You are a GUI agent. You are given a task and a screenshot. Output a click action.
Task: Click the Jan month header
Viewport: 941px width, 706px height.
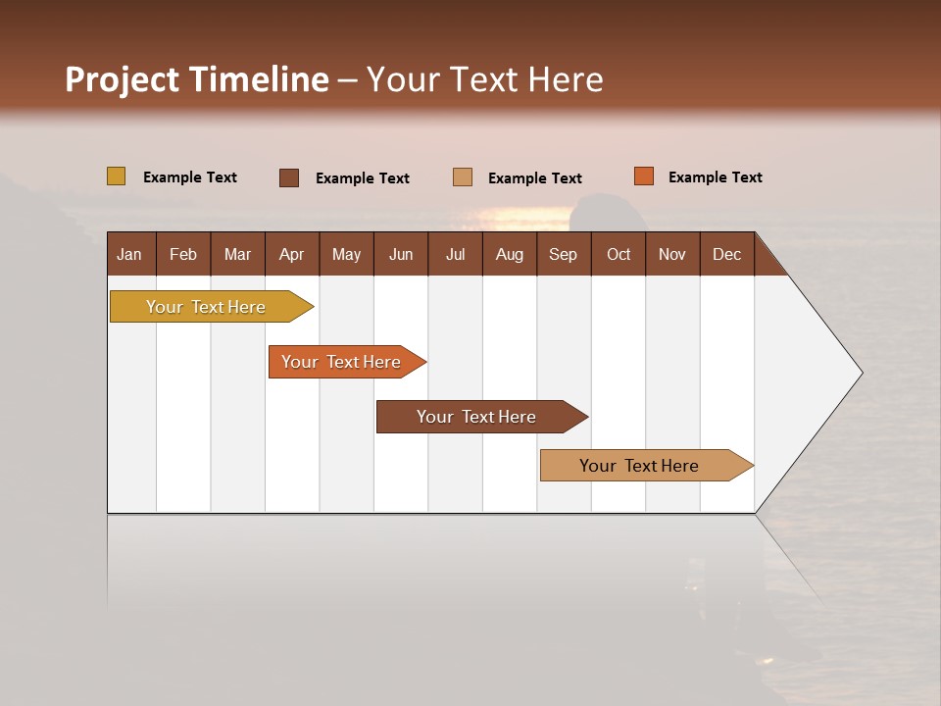point(130,254)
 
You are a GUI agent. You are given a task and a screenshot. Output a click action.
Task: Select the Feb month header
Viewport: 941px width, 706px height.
point(183,254)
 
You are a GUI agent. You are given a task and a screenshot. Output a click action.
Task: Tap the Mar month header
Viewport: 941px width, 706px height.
point(237,254)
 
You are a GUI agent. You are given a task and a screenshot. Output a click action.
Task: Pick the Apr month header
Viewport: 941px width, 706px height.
point(292,254)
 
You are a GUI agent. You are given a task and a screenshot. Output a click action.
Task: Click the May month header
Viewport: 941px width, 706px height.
point(346,254)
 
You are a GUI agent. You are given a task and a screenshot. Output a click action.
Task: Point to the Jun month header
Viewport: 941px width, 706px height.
point(401,254)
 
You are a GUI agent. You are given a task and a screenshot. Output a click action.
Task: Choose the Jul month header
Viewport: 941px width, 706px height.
point(455,254)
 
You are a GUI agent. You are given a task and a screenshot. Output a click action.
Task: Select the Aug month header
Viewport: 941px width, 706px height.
point(510,254)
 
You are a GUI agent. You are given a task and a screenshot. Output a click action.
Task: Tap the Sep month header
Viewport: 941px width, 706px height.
point(564,254)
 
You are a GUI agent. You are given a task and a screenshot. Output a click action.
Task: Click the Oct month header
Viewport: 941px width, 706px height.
point(619,254)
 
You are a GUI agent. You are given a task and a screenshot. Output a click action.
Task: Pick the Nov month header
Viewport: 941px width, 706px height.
point(672,254)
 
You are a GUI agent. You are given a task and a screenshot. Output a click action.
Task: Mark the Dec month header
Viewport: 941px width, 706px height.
point(727,254)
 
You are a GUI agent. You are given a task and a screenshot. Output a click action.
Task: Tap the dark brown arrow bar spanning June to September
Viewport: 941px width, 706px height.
point(477,417)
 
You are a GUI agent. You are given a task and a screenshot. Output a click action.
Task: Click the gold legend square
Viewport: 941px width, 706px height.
point(117,176)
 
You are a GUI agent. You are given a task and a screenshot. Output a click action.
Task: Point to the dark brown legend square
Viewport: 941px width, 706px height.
point(289,177)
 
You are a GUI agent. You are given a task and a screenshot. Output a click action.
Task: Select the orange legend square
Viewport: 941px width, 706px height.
point(644,176)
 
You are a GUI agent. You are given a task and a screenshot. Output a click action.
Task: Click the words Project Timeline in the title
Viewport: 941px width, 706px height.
point(197,79)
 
